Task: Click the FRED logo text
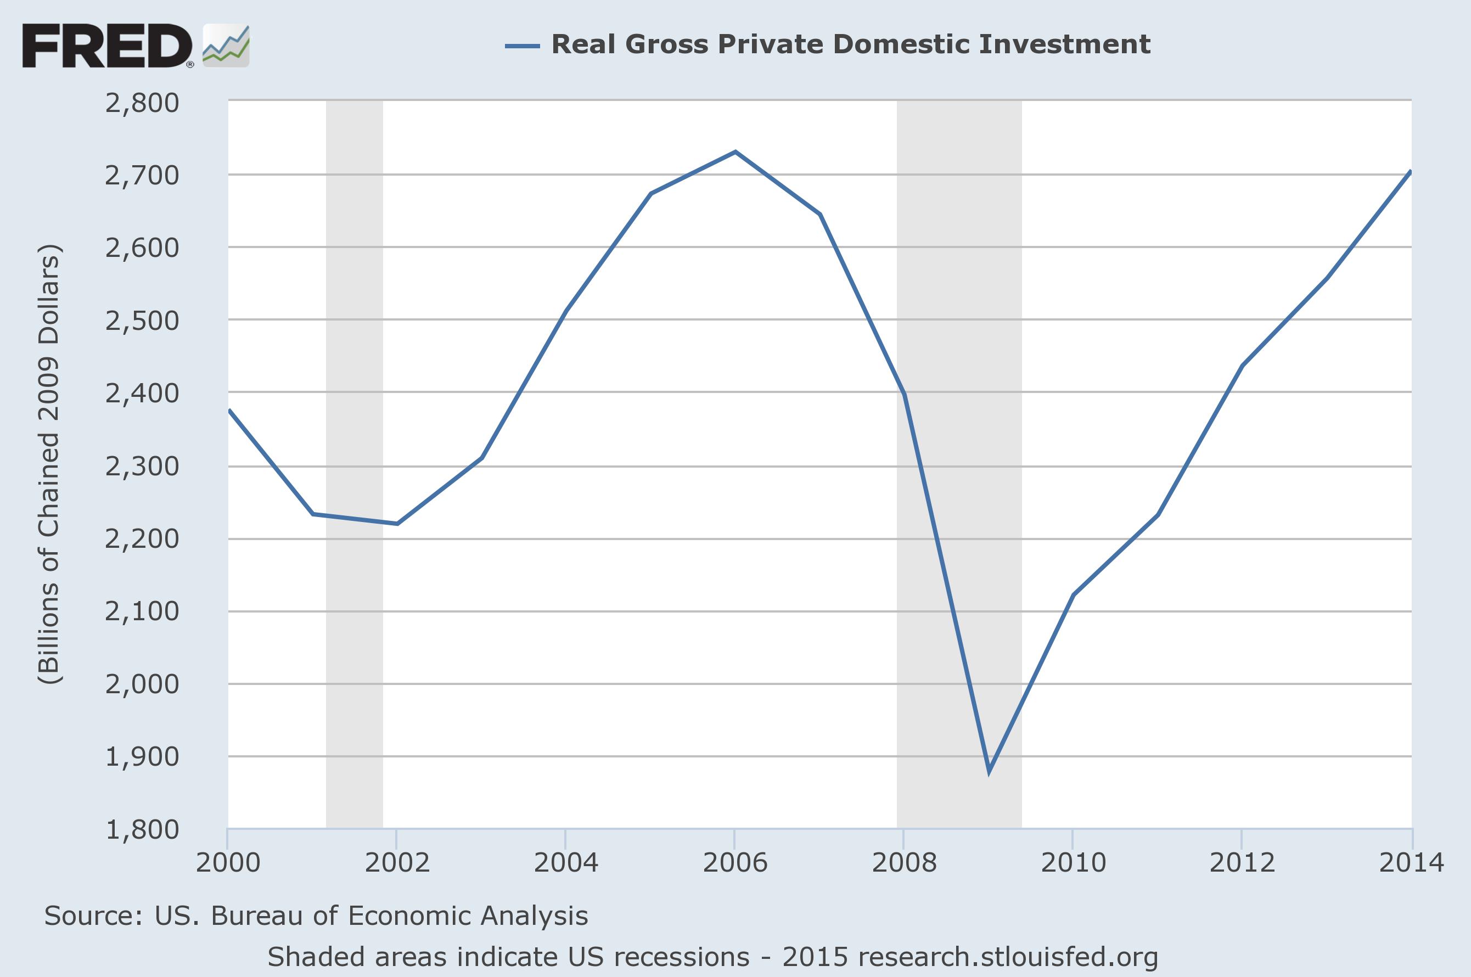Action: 107,46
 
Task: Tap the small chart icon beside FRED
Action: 226,46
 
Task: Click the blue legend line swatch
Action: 522,46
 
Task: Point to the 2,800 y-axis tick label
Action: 142,102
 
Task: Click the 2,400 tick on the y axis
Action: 142,393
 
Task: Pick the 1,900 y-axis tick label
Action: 142,756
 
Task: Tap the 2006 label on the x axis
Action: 735,862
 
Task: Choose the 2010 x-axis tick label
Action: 1073,862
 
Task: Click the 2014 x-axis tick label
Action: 1411,862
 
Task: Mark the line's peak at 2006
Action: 735,151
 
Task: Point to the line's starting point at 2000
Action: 229,410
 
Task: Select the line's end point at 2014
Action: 1410,171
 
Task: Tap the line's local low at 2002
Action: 397,524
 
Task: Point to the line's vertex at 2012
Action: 1242,366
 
